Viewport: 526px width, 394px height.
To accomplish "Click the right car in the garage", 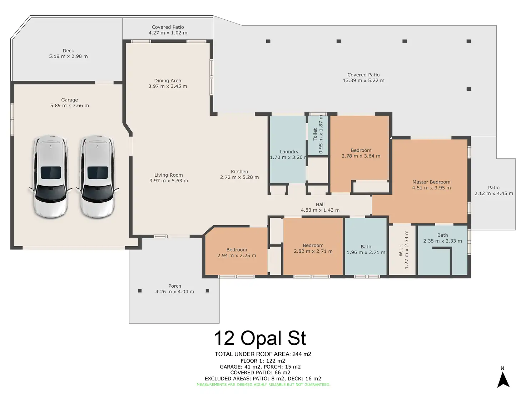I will pyautogui.click(x=98, y=176).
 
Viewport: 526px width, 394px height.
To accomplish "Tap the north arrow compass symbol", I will pyautogui.click(x=503, y=380).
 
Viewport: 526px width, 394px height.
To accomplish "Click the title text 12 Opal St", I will pyautogui.click(x=260, y=338).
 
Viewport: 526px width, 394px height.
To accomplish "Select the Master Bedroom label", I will pyautogui.click(x=431, y=182).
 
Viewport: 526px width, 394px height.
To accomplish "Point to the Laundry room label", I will pyautogui.click(x=289, y=152).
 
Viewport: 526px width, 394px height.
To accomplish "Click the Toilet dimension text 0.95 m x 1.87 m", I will pyautogui.click(x=321, y=135).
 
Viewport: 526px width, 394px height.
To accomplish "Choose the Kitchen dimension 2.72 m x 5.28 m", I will pyautogui.click(x=239, y=177).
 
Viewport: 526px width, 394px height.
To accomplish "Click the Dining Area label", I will pyautogui.click(x=168, y=81).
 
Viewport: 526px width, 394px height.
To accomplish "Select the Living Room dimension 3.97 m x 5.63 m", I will pyautogui.click(x=169, y=181).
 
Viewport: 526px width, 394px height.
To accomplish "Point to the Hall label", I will pyautogui.click(x=320, y=204).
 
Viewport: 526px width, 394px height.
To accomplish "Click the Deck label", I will pyautogui.click(x=68, y=51).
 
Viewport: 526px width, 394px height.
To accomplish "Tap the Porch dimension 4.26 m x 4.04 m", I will pyautogui.click(x=175, y=292).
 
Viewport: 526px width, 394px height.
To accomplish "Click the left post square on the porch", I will pyautogui.click(x=140, y=291).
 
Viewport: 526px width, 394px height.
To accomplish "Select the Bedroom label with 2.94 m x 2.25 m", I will pyautogui.click(x=237, y=250).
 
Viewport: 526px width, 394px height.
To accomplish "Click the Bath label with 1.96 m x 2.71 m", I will pyautogui.click(x=366, y=247).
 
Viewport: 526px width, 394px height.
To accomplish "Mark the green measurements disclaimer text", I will pyautogui.click(x=263, y=385).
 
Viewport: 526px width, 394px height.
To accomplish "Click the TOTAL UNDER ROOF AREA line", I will pyautogui.click(x=263, y=354).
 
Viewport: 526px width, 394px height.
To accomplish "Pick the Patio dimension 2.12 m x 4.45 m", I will pyautogui.click(x=493, y=193).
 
